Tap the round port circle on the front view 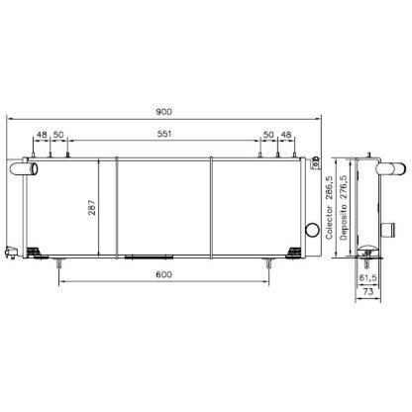click(x=314, y=231)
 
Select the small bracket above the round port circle click(x=316, y=158)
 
